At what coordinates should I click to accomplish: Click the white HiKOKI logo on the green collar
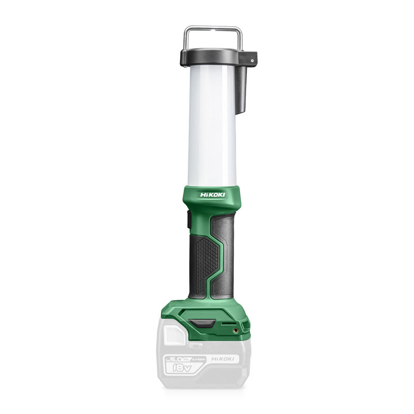(x=212, y=194)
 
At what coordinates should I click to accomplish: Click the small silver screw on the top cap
(x=253, y=60)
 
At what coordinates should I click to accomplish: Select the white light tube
(x=212, y=124)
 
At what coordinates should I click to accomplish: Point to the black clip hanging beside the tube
(x=242, y=88)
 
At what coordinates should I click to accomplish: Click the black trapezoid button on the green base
(x=201, y=324)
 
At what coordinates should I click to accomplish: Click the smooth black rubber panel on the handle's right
(x=226, y=259)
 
